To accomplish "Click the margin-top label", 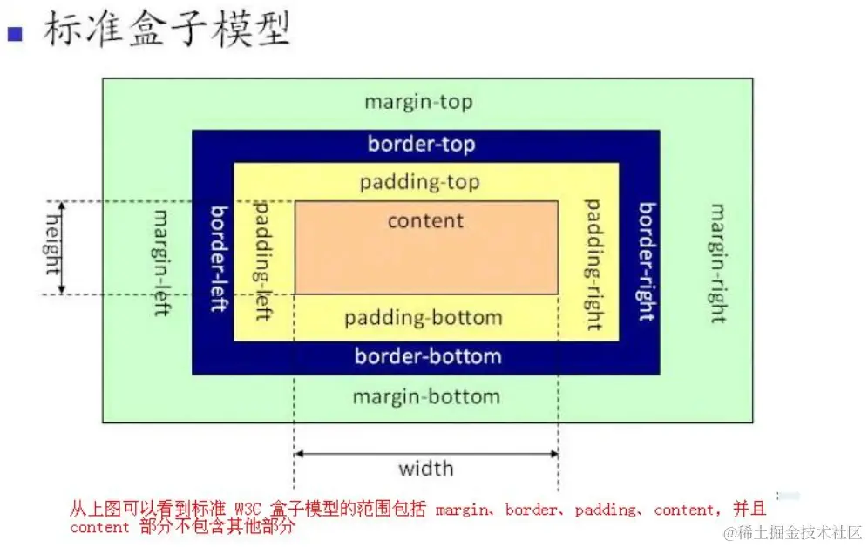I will [418, 102].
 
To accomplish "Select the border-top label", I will [421, 144].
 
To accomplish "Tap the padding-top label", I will [419, 183].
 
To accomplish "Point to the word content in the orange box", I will [425, 220].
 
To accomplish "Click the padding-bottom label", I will [423, 317].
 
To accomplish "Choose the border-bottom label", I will [427, 356].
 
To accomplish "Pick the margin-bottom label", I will [425, 397].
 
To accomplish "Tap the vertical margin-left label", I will [162, 262].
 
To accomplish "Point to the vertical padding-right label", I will [593, 265].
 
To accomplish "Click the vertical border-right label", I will [647, 261].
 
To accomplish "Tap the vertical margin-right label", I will [717, 263].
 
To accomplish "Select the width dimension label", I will [425, 469].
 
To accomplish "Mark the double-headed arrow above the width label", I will [425, 453].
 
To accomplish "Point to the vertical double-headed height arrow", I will [63, 248].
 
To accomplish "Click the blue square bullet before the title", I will [14, 34].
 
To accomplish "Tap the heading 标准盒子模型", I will [166, 30].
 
